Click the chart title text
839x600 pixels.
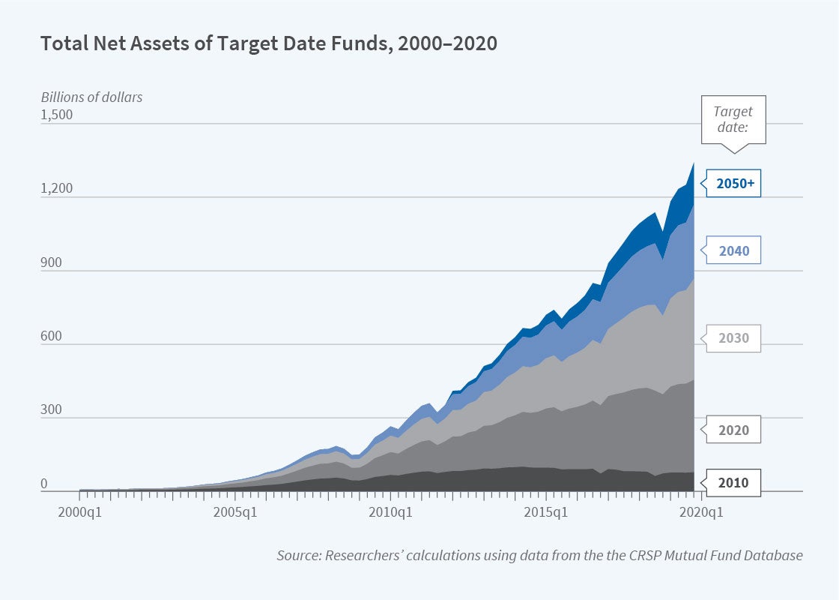click(x=269, y=43)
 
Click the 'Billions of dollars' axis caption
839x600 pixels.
click(x=91, y=97)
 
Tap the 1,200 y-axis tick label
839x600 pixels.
click(x=56, y=188)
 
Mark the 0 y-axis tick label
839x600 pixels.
click(x=44, y=484)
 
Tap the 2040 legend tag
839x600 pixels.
click(x=733, y=251)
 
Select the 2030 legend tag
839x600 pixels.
click(x=733, y=338)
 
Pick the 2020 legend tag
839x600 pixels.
click(x=733, y=430)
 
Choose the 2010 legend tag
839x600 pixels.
click(x=733, y=482)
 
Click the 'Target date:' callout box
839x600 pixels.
click(x=733, y=119)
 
